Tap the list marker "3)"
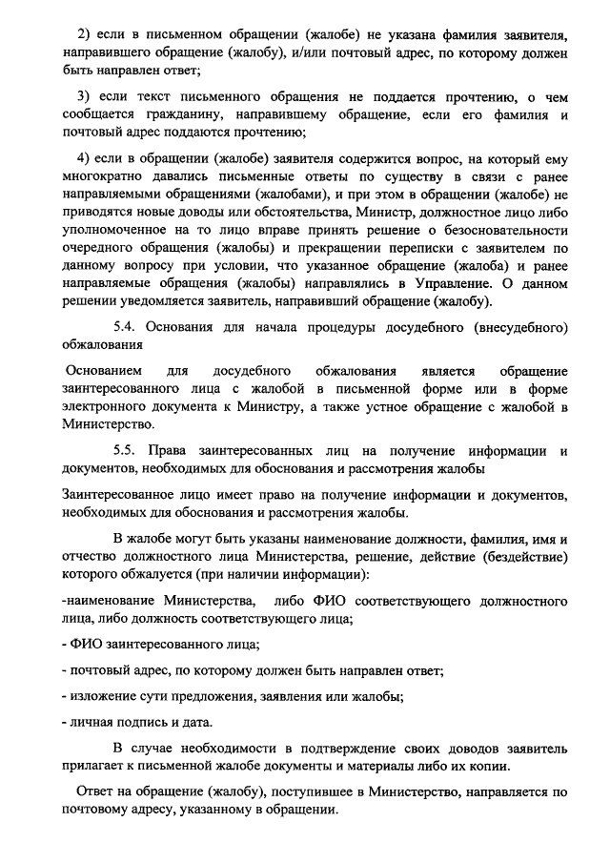point(84,96)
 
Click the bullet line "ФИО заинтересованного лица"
point(158,645)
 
